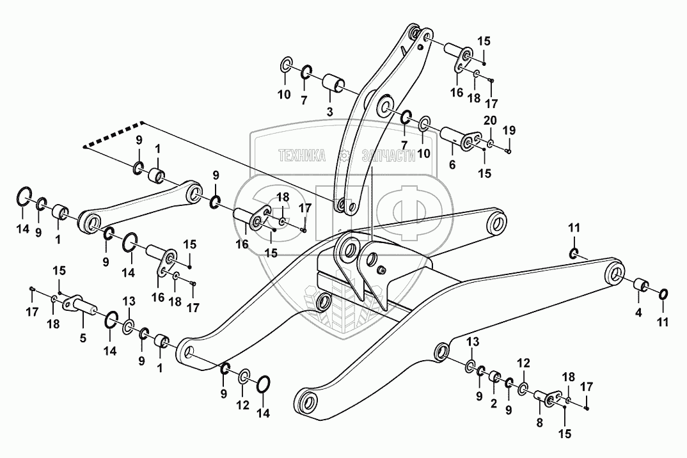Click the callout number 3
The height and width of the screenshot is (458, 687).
[x=330, y=113]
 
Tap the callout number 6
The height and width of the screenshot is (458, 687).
[x=453, y=164]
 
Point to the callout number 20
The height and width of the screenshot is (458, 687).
[x=489, y=122]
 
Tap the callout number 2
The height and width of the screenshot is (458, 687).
[x=494, y=404]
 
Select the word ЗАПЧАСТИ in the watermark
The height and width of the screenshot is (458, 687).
[x=388, y=155]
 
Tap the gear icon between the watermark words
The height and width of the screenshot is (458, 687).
[x=344, y=155]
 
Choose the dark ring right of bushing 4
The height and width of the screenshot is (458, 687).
[x=663, y=295]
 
